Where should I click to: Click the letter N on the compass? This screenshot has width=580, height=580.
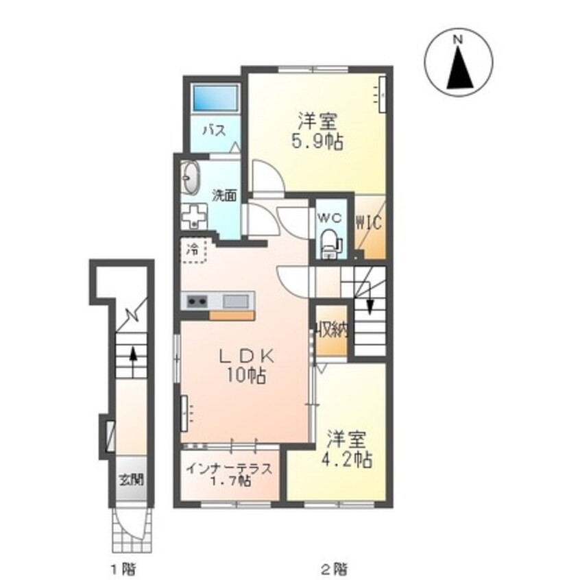click(x=458, y=40)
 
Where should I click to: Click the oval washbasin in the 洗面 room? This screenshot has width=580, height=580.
click(x=191, y=179)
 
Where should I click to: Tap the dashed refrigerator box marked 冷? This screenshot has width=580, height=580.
click(x=194, y=250)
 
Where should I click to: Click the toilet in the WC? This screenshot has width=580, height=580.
click(x=330, y=243)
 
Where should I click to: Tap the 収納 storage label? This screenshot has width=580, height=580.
click(x=332, y=330)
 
